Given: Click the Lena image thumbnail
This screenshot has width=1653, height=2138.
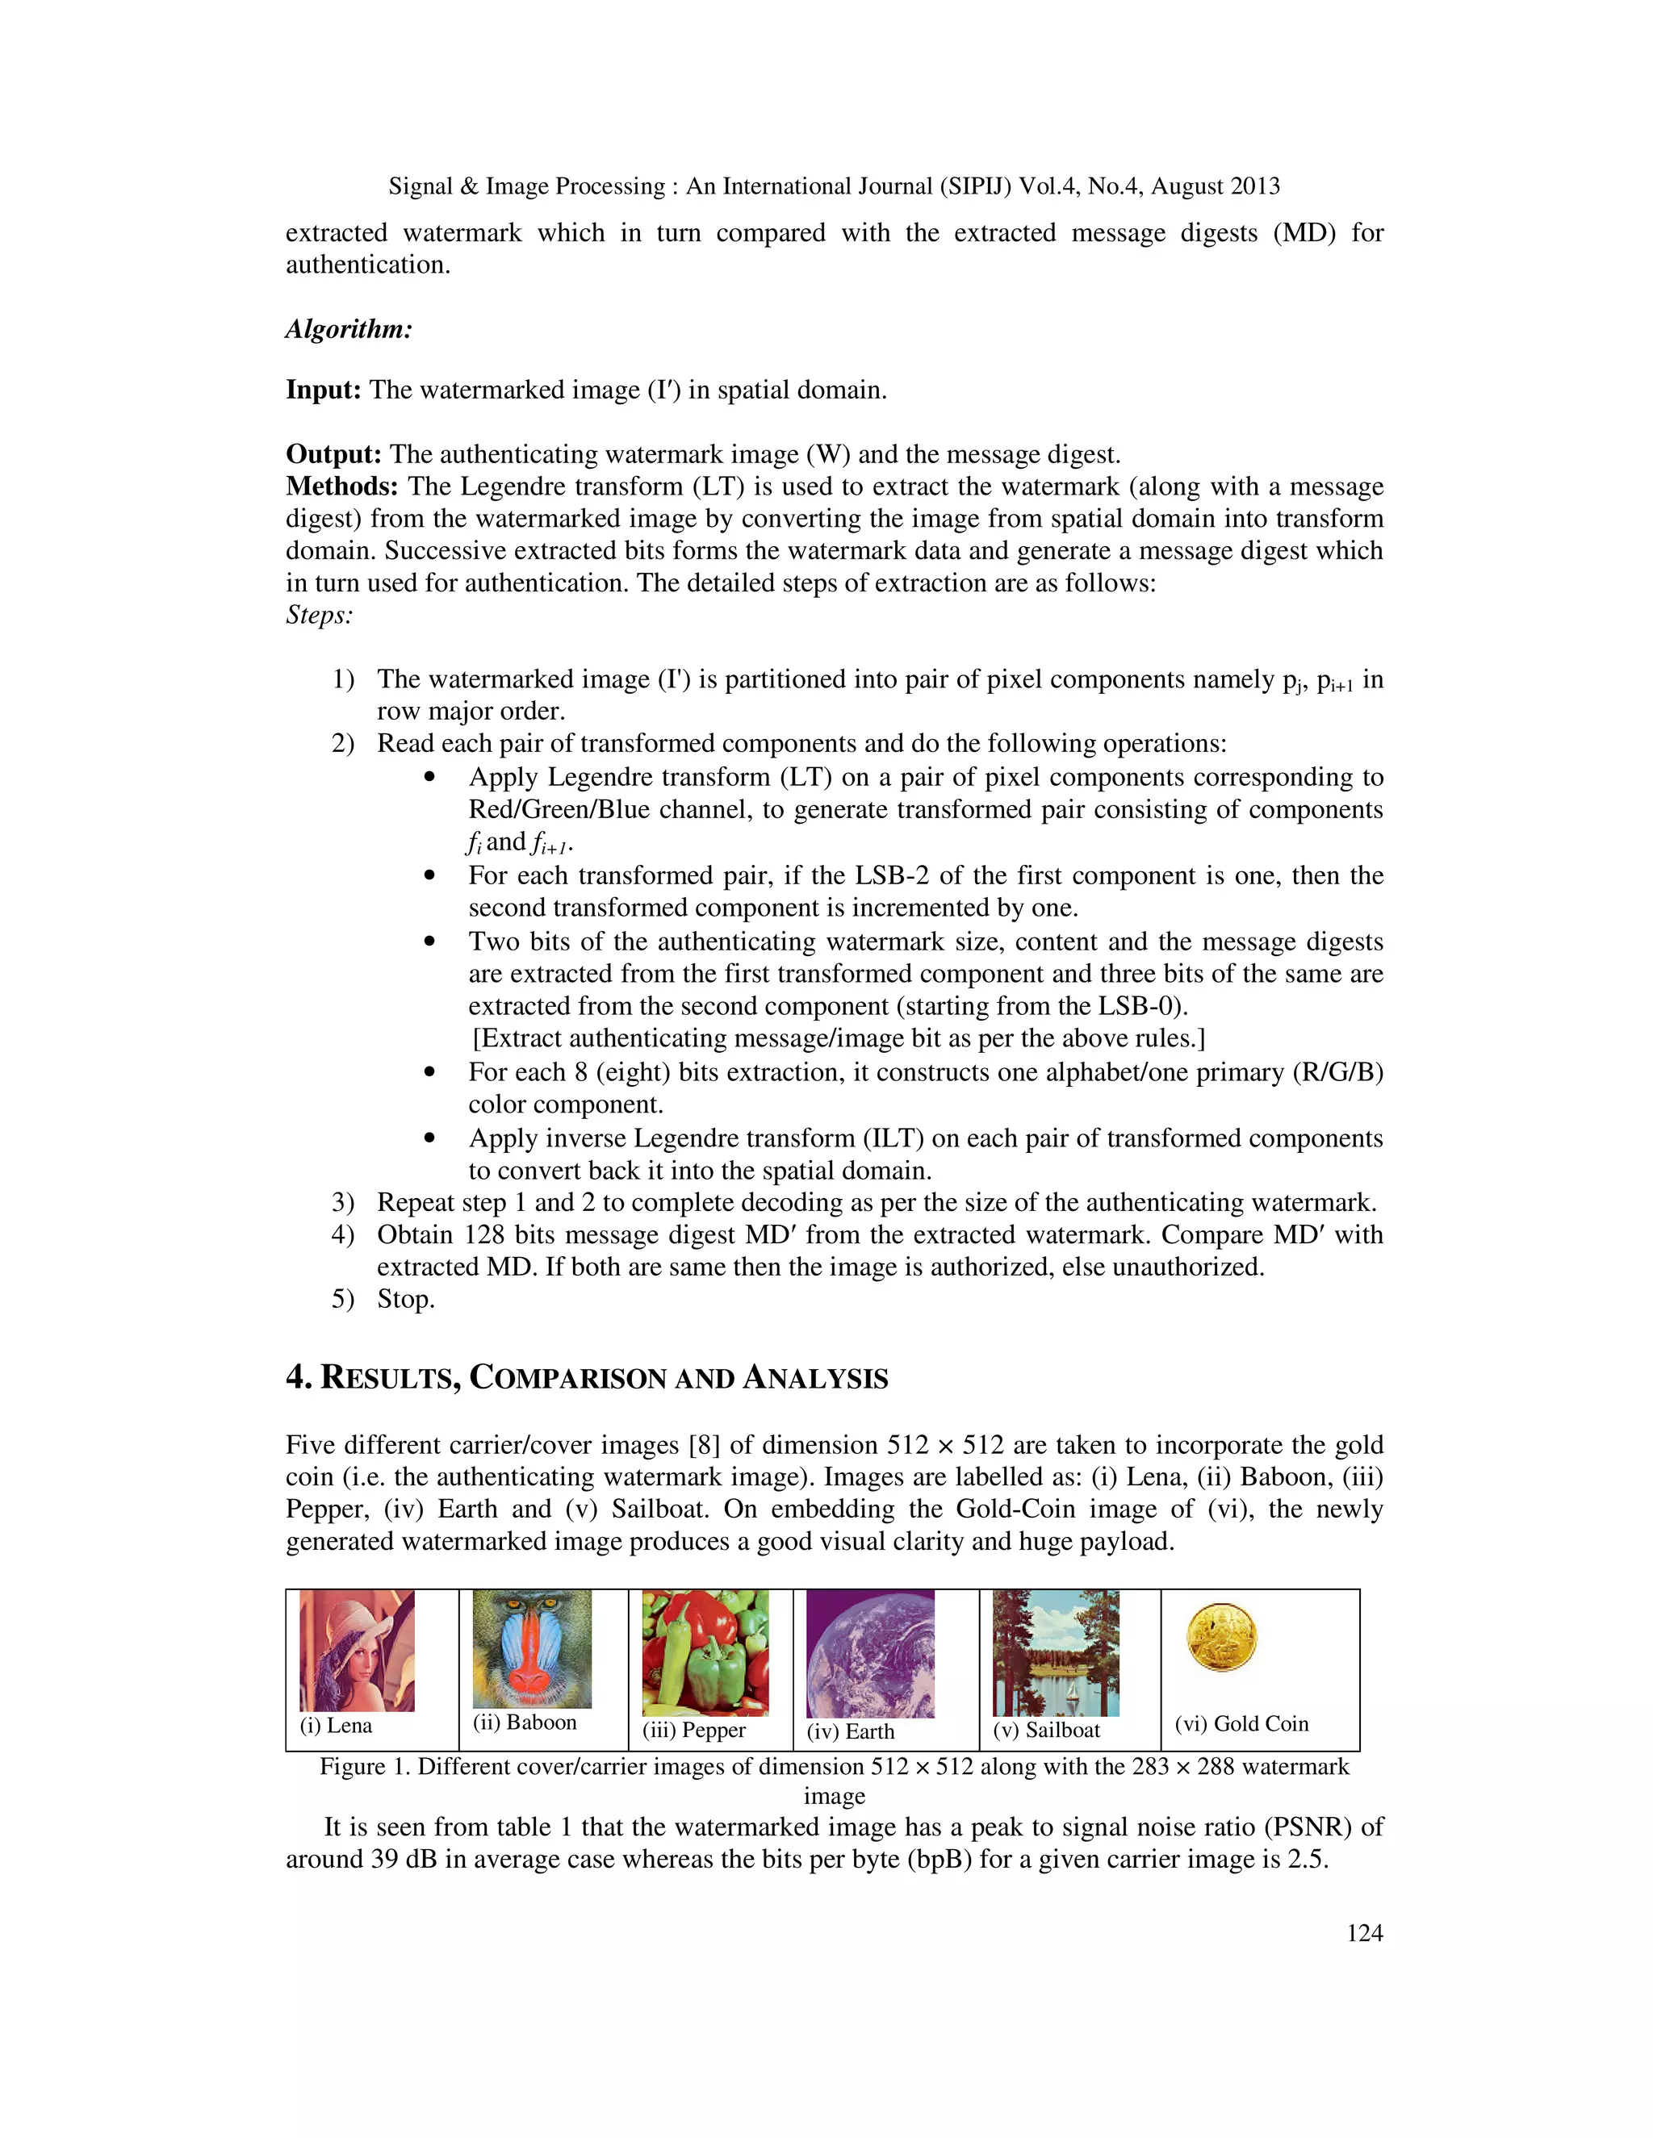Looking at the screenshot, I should click(357, 1651).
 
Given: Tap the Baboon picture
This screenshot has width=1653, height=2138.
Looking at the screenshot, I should click(532, 1648).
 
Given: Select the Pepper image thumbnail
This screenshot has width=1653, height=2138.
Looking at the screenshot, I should click(705, 1652).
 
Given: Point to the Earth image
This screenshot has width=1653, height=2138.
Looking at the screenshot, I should click(869, 1653).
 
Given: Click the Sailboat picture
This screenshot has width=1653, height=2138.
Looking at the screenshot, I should click(1056, 1652).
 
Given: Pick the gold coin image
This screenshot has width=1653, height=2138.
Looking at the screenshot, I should click(1221, 1638).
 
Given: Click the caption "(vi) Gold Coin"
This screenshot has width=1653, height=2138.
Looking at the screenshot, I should click(1241, 1724).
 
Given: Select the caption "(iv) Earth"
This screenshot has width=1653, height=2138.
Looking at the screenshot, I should click(850, 1731).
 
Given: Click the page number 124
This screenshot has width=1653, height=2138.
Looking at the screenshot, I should click(1364, 1932).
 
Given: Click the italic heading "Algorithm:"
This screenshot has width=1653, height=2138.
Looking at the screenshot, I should click(349, 329).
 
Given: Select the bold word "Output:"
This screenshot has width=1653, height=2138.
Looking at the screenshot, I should click(333, 454).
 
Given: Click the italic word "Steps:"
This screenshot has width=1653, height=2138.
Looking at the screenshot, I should click(320, 615).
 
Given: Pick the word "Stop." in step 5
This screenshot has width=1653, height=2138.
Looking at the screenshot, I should click(405, 1299).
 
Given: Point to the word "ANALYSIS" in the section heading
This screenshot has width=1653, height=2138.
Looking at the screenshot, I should click(814, 1378).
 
